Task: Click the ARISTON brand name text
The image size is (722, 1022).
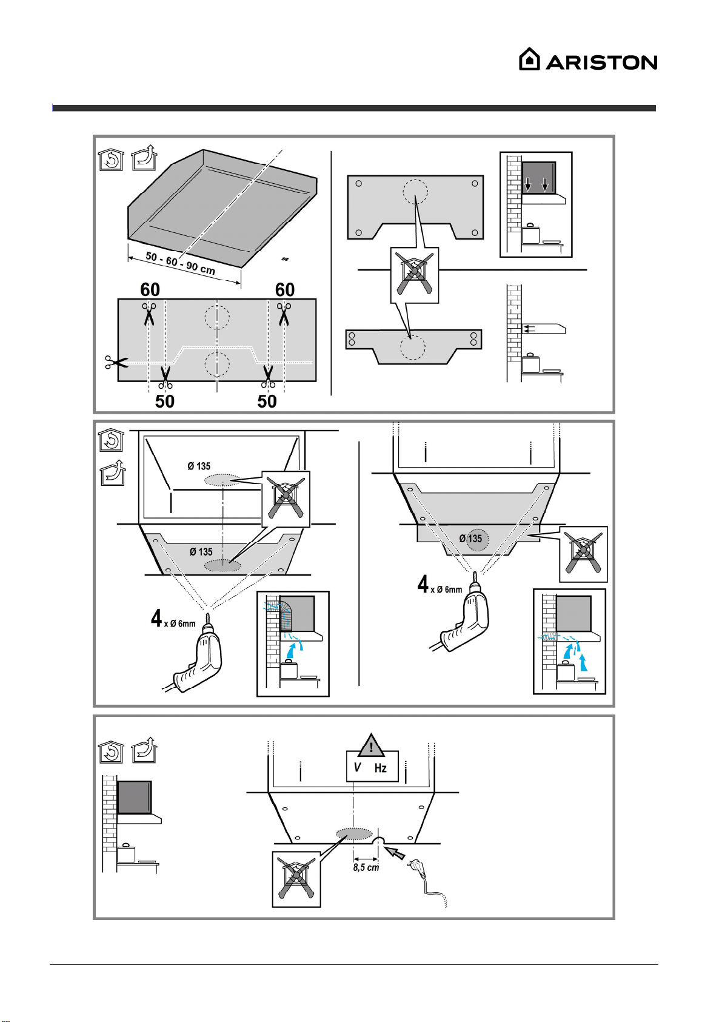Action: [601, 62]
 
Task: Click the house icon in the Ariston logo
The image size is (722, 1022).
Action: [529, 59]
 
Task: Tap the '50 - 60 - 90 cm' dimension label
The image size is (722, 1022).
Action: [180, 263]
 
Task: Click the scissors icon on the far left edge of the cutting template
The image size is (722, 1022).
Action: [116, 362]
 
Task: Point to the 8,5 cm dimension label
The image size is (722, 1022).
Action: [366, 867]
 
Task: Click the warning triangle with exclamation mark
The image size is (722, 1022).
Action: [371, 745]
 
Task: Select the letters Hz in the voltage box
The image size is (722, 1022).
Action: [380, 768]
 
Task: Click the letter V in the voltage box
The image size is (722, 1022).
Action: [357, 767]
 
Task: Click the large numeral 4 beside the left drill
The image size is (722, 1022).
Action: [156, 618]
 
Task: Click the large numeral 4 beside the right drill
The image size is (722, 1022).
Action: [423, 584]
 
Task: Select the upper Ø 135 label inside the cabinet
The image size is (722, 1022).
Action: [199, 466]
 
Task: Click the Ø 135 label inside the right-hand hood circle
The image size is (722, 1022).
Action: [470, 539]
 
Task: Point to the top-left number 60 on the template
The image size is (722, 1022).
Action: [150, 290]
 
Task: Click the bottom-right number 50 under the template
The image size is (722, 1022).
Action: [267, 402]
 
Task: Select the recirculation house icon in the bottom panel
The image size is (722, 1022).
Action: [111, 751]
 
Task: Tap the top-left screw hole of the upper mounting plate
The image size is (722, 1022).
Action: [358, 183]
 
